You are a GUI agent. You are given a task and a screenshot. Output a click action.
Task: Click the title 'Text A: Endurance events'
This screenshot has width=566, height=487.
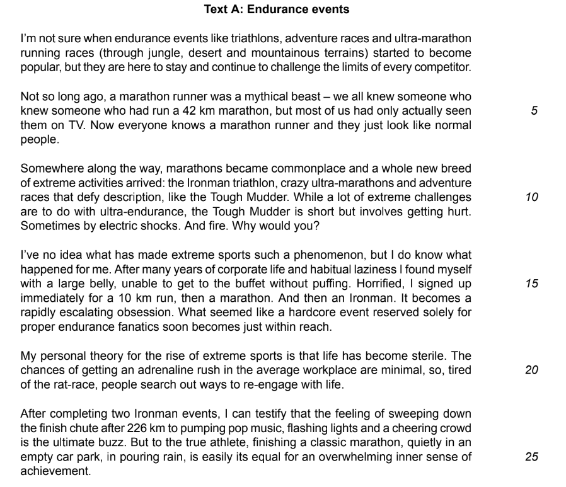(x=277, y=9)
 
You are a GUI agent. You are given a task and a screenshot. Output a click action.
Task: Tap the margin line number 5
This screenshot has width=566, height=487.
(x=534, y=111)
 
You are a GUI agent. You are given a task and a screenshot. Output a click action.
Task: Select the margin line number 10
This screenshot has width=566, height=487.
(x=531, y=197)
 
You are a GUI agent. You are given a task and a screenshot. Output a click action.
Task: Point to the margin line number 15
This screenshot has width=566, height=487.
(x=531, y=284)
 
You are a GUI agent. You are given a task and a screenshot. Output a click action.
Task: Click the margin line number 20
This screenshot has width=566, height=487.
(x=531, y=370)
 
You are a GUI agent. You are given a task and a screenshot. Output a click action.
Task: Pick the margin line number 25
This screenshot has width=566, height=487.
(x=531, y=456)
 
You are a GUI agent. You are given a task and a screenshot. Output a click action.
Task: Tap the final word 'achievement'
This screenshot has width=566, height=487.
(x=55, y=471)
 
